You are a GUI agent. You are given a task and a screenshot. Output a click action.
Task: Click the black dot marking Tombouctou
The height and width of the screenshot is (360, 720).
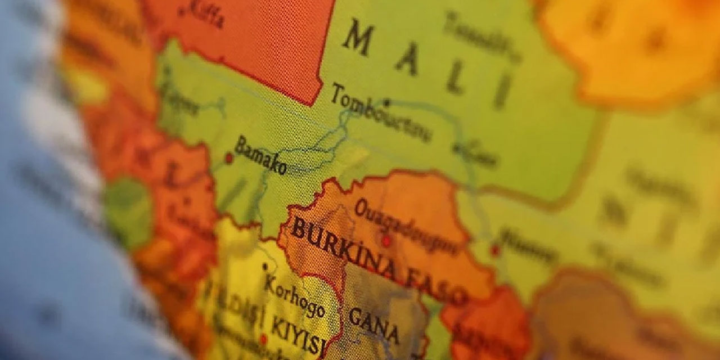point(386,103)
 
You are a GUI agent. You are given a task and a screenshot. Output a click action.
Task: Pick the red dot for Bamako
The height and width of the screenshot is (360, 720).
point(229,158)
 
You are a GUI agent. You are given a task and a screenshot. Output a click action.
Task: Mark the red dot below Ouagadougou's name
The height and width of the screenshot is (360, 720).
point(386,241)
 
